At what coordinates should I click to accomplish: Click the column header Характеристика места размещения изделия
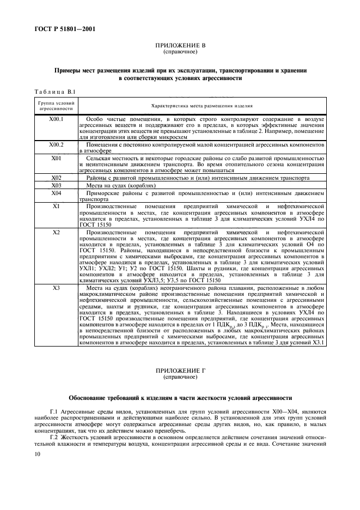(202, 106)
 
